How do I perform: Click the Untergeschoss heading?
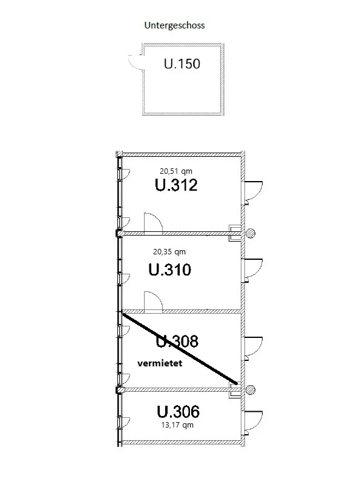tap(174, 25)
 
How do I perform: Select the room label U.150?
tap(182, 64)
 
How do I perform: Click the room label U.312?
tap(176, 185)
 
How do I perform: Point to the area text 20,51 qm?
tap(176, 171)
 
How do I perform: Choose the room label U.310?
tap(170, 269)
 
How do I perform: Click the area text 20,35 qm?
tap(169, 252)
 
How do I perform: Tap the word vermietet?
tap(160, 363)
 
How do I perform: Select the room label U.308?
tap(177, 341)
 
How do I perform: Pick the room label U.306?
tap(178, 412)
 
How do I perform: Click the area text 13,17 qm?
tap(177, 425)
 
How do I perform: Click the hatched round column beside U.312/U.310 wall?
tap(250, 233)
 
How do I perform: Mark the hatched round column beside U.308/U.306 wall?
tap(250, 390)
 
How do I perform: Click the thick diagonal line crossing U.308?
tap(180, 349)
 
